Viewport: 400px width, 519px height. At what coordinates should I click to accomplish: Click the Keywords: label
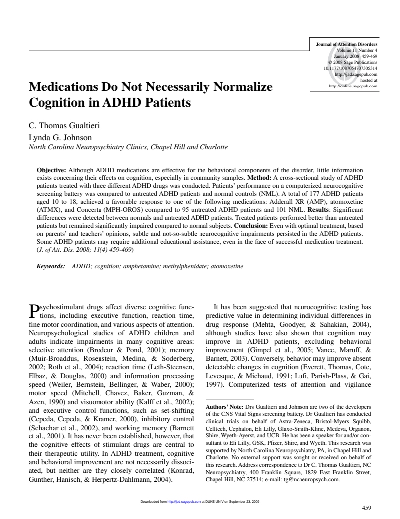click(x=51, y=266)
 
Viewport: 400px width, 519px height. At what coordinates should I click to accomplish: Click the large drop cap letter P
click(x=34, y=311)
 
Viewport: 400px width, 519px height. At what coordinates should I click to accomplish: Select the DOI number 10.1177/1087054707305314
click(x=350, y=68)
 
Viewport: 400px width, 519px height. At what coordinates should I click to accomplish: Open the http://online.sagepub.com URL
click(x=353, y=85)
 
